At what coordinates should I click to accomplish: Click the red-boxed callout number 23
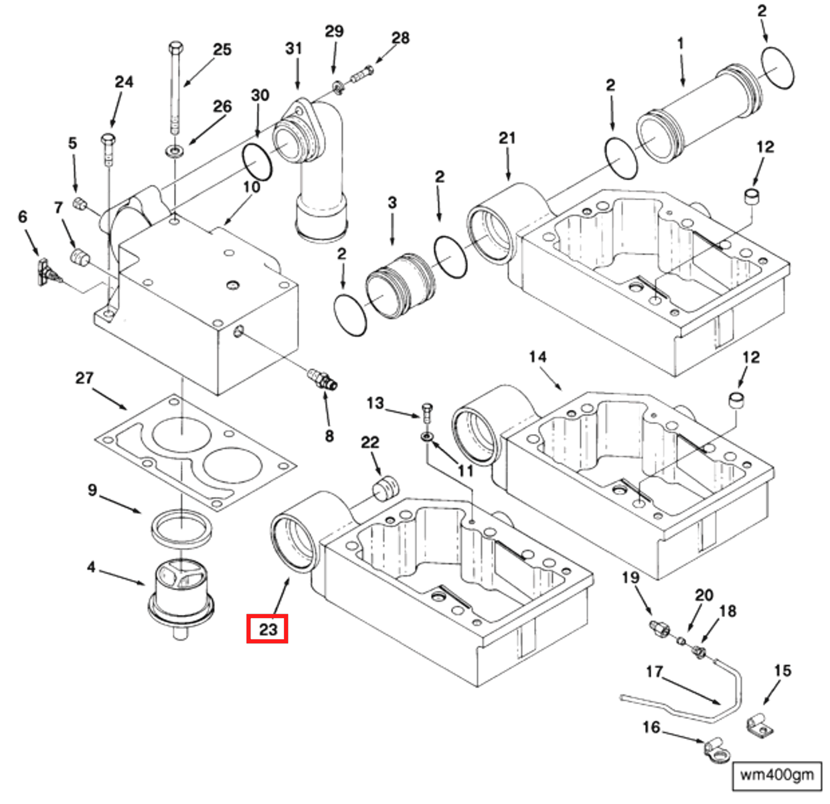267,628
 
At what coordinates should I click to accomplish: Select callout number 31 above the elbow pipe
293,48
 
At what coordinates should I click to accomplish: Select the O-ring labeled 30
257,162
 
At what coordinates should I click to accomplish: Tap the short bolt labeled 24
108,148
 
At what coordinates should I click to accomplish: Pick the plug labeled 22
385,489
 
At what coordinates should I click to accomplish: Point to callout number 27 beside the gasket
84,378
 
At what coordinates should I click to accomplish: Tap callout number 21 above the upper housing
507,138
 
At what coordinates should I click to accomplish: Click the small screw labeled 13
427,412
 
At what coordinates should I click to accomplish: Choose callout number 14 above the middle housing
538,357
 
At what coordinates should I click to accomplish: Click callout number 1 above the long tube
680,44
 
